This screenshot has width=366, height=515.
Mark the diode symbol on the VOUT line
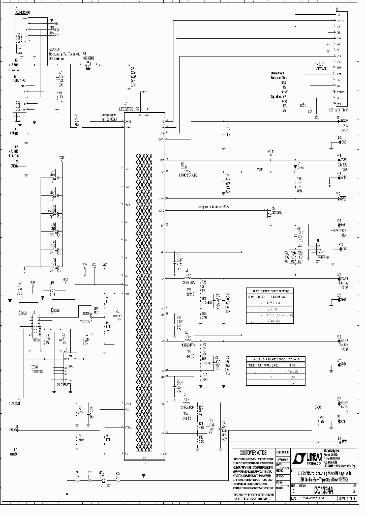296,166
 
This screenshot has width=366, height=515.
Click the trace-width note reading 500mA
213,207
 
